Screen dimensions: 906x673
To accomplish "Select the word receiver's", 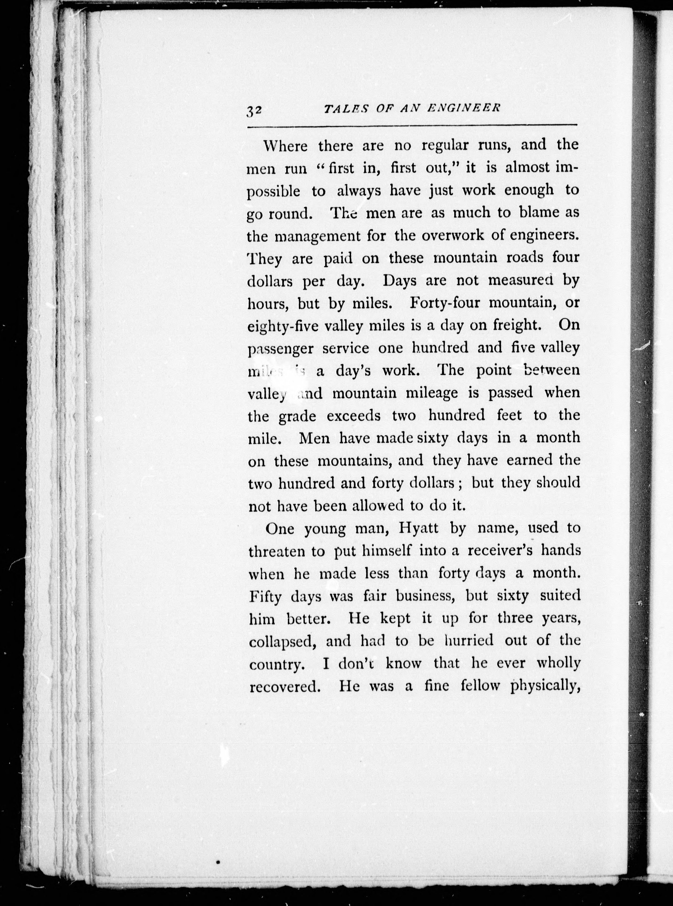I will (x=499, y=551).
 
